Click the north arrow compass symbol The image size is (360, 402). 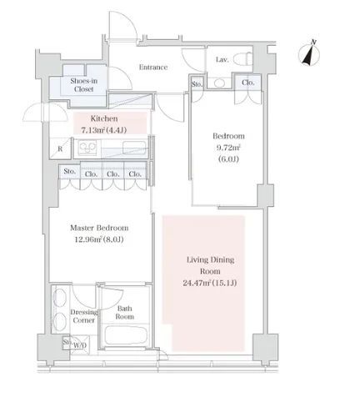point(309,54)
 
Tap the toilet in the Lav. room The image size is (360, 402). point(242,59)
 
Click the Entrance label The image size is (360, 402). point(153,68)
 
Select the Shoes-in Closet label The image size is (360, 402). point(83,85)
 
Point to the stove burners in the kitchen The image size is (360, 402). point(87,148)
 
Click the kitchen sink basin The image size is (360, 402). point(134,148)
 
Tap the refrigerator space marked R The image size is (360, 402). point(60,148)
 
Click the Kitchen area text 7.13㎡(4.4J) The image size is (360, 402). point(104,130)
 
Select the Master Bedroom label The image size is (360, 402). point(99,228)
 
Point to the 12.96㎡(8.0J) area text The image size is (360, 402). point(99,239)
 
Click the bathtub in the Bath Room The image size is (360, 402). point(126,335)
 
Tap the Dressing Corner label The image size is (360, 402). point(84,316)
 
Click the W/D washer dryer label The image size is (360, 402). point(80,345)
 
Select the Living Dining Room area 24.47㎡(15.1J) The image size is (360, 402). point(210,283)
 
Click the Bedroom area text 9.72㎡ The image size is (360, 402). point(228,148)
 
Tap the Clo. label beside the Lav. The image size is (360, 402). point(247,83)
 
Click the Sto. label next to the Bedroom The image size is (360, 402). point(197,84)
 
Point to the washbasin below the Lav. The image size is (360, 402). point(220,83)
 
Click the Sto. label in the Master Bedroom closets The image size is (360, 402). point(69,171)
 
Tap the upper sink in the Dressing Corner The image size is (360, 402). point(59,298)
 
